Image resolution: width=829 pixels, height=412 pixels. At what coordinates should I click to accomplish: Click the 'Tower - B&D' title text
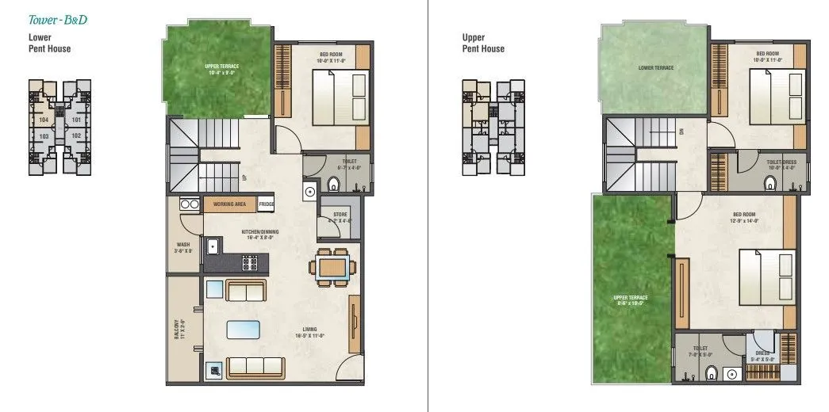pyautogui.click(x=57, y=20)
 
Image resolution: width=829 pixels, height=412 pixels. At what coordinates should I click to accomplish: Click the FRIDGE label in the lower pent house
pyautogui.click(x=266, y=204)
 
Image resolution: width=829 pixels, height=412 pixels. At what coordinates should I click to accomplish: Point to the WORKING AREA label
pyautogui.click(x=229, y=204)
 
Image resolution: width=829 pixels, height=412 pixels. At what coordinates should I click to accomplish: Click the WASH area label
pyautogui.click(x=183, y=247)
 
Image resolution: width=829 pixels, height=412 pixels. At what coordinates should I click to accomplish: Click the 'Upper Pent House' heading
pyautogui.click(x=484, y=42)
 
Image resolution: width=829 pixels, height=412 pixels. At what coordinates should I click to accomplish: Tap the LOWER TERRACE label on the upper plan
pyautogui.click(x=656, y=67)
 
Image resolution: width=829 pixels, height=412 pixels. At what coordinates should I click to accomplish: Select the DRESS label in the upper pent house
pyautogui.click(x=762, y=353)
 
